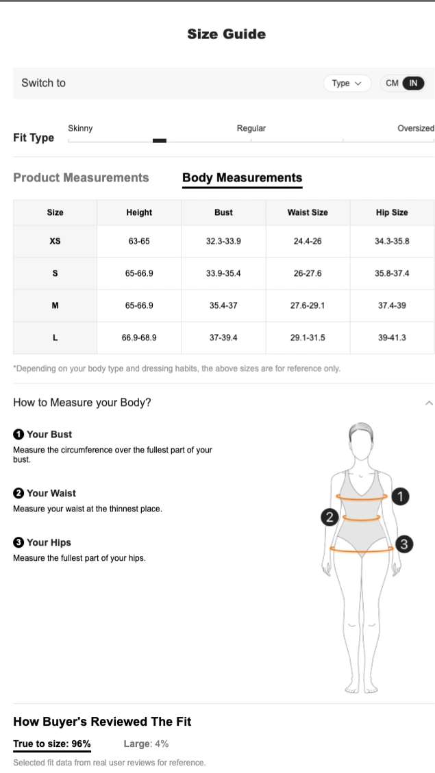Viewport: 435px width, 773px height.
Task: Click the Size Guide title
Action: click(226, 34)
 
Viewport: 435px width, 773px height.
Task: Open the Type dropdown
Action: click(347, 84)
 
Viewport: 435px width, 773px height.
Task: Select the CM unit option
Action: click(392, 84)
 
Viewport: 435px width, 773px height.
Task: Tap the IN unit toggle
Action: click(413, 84)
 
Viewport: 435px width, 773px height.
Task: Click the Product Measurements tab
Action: click(81, 177)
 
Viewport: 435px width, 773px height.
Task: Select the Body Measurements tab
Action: click(242, 177)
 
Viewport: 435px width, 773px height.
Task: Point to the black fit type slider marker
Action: click(160, 140)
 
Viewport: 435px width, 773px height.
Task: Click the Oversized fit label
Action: click(416, 128)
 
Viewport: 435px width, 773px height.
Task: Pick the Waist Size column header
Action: click(308, 212)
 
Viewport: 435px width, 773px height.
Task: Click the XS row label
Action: click(55, 241)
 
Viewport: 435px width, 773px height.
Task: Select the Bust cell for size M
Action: click(223, 305)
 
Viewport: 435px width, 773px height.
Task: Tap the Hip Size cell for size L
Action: click(392, 338)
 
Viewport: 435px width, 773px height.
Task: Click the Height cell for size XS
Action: click(139, 241)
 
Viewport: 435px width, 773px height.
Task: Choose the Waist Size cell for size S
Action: click(308, 273)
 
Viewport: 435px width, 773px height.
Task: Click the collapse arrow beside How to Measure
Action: click(429, 403)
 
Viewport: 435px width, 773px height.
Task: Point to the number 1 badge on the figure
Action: click(401, 496)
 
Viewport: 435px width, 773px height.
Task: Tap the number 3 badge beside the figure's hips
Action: click(404, 544)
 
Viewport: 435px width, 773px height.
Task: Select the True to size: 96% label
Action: click(52, 744)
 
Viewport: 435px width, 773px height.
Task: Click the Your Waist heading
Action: click(45, 493)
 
